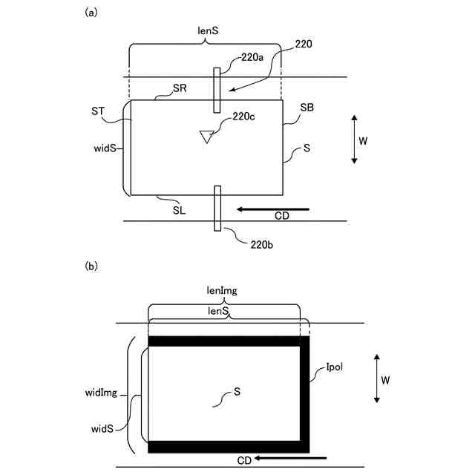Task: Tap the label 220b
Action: pos(261,243)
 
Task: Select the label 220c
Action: pos(244,116)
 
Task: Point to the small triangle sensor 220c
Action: pos(207,136)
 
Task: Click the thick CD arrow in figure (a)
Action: pos(273,209)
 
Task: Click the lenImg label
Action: pos(222,292)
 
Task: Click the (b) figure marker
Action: pos(92,265)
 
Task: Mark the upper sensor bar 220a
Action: pos(217,90)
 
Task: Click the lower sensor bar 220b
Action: pos(217,209)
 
